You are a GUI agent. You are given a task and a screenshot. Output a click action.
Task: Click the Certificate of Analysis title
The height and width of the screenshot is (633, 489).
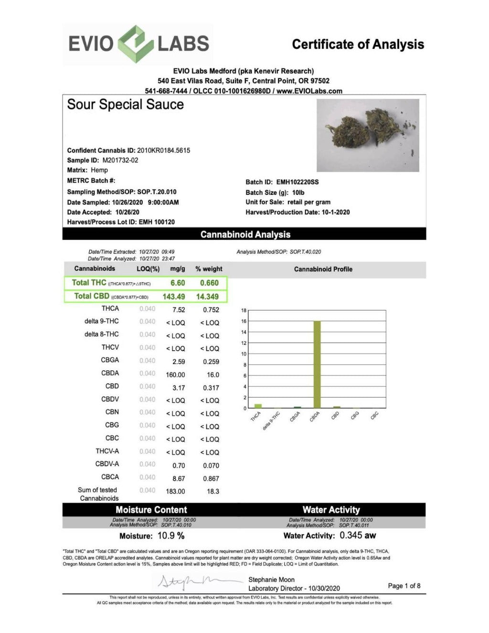click(358, 44)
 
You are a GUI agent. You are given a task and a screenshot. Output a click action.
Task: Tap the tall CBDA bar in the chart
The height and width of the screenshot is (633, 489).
click(317, 364)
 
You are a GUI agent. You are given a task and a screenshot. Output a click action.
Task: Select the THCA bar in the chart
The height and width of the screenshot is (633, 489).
click(258, 406)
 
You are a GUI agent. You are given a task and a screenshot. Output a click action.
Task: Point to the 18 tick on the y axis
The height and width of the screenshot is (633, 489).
click(244, 311)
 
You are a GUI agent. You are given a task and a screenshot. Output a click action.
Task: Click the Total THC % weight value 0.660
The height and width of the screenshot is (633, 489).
click(209, 283)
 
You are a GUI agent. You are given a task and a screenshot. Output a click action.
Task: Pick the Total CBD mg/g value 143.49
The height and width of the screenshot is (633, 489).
click(174, 297)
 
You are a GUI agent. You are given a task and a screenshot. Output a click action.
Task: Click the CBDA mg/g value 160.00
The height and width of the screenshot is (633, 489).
click(175, 375)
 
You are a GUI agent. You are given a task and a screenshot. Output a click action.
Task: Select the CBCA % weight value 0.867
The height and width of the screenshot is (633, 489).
click(211, 479)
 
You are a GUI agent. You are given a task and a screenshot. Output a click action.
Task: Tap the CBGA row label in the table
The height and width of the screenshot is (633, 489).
click(110, 360)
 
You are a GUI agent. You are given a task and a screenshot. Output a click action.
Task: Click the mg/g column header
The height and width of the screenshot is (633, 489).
click(178, 269)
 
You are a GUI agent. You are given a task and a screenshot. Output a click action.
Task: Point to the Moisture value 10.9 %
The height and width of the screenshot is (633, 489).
click(170, 536)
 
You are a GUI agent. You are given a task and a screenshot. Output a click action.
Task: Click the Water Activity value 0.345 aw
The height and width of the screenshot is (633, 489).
click(358, 536)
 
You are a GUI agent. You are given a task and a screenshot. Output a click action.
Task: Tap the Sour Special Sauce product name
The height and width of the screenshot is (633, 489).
click(125, 105)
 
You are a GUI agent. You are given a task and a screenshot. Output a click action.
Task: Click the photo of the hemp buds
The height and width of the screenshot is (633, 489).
click(368, 135)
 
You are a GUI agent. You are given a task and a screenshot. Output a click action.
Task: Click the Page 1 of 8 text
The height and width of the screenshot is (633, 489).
click(404, 586)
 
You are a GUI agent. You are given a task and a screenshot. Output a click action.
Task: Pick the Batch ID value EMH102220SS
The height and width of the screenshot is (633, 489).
click(297, 182)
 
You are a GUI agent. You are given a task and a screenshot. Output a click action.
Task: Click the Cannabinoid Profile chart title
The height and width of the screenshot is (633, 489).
click(323, 269)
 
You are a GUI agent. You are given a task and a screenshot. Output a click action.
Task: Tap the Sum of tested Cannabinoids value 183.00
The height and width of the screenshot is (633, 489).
click(175, 492)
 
